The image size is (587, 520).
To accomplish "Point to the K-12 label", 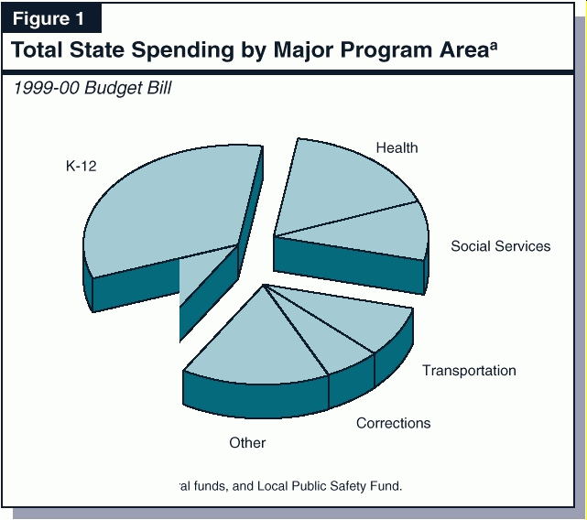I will pyautogui.click(x=81, y=166).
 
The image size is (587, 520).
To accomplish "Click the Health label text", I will pyautogui.click(x=397, y=147).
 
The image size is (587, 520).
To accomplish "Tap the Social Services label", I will pyautogui.click(x=500, y=246).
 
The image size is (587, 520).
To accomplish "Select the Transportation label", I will pyautogui.click(x=469, y=371).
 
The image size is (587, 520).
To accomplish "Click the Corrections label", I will pyautogui.click(x=393, y=423).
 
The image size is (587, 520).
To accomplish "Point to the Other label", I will pyautogui.click(x=247, y=443).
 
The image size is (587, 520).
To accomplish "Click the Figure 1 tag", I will pyautogui.click(x=51, y=19).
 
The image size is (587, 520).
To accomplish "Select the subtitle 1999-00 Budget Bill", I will pyautogui.click(x=92, y=89).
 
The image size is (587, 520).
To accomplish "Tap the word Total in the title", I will pyautogui.click(x=37, y=50).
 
